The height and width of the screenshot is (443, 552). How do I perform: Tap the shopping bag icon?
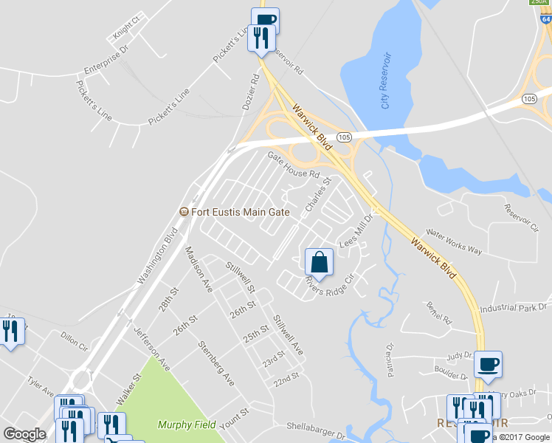(319, 262)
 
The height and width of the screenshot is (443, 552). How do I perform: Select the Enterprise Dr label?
(106, 60)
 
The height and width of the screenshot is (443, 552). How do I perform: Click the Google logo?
(24, 434)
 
